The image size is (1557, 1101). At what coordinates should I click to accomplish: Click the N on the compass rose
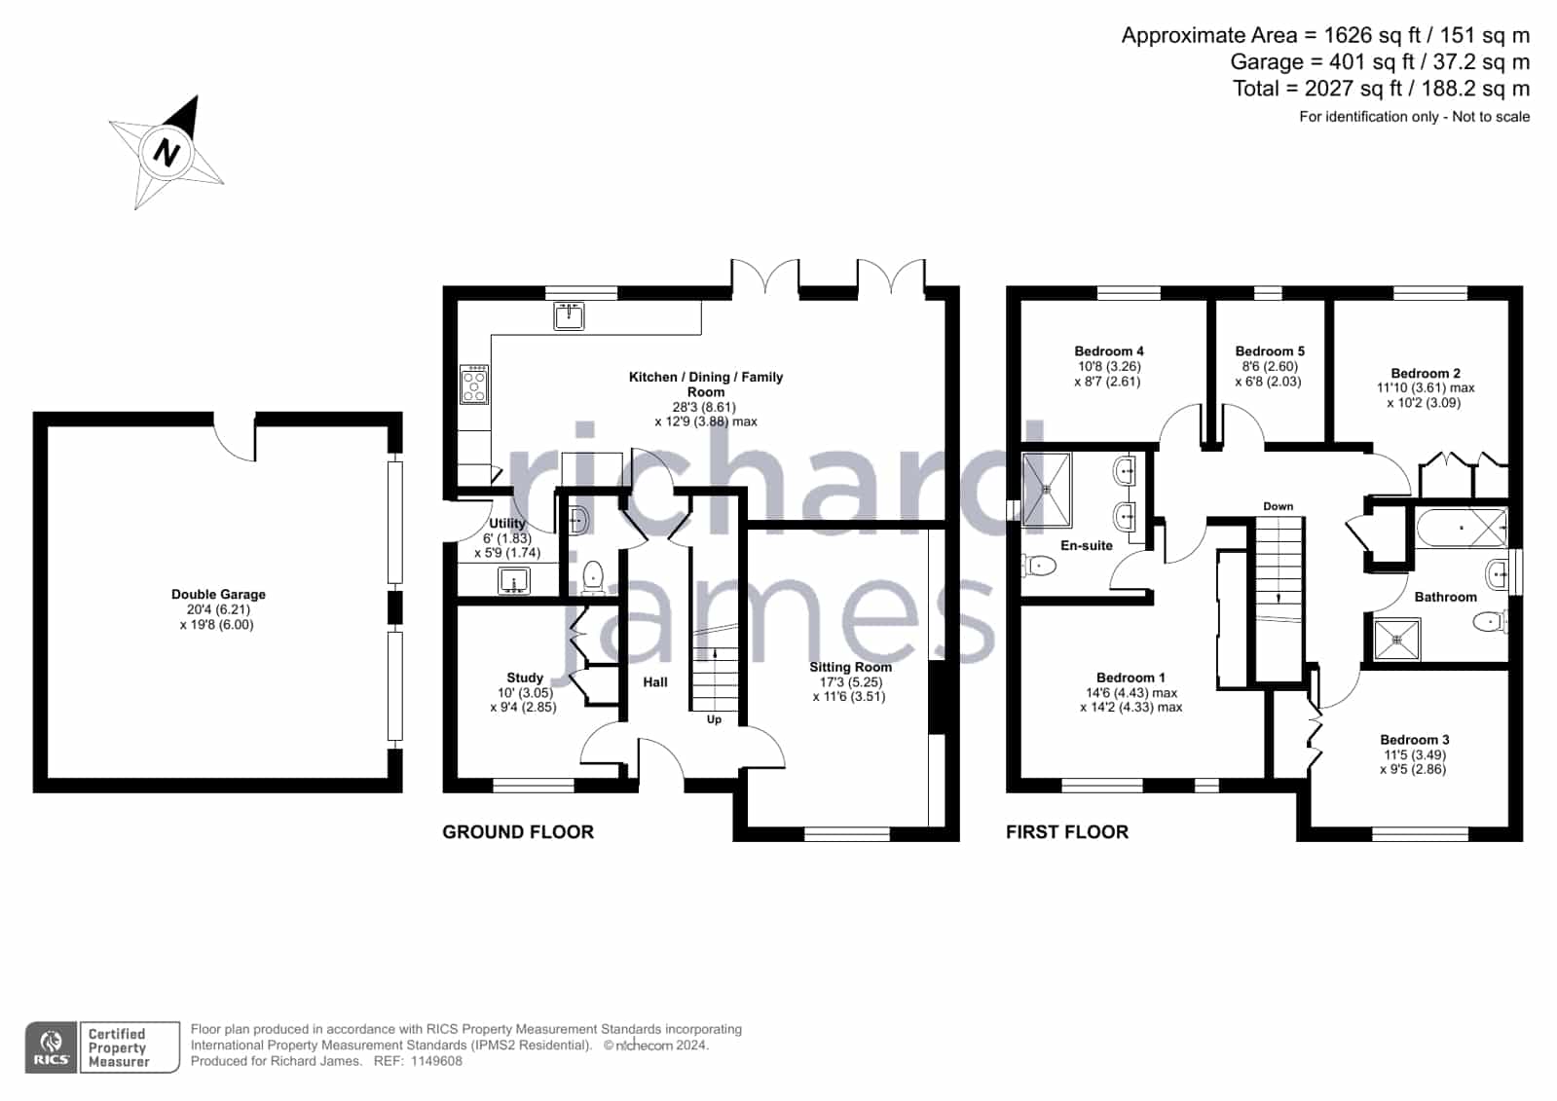[x=167, y=152]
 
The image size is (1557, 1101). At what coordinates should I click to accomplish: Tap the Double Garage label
[x=218, y=594]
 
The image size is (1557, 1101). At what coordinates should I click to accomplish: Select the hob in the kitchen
[x=474, y=385]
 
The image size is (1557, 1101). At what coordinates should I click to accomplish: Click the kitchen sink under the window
[x=569, y=316]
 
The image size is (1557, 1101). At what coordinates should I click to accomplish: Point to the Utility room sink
[x=514, y=580]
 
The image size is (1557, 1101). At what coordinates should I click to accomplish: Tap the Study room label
[x=525, y=678]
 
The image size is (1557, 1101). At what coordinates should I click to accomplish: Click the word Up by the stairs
[x=714, y=719]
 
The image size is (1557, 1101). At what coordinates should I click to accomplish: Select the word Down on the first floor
[x=1279, y=506]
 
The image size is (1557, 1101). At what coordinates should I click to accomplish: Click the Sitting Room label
[x=850, y=667]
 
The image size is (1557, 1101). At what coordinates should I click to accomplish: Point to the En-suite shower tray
[x=1047, y=490]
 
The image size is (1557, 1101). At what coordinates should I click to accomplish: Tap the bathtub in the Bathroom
[x=1462, y=529]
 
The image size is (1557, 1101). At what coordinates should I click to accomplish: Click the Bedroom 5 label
[x=1269, y=351]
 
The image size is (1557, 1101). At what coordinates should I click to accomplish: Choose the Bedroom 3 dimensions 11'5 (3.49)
[x=1415, y=754]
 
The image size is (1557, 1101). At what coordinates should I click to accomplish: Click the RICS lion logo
[x=52, y=1046]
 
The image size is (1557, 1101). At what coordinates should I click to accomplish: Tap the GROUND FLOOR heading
[x=518, y=832]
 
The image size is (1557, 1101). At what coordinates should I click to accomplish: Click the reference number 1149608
[x=436, y=1061]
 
